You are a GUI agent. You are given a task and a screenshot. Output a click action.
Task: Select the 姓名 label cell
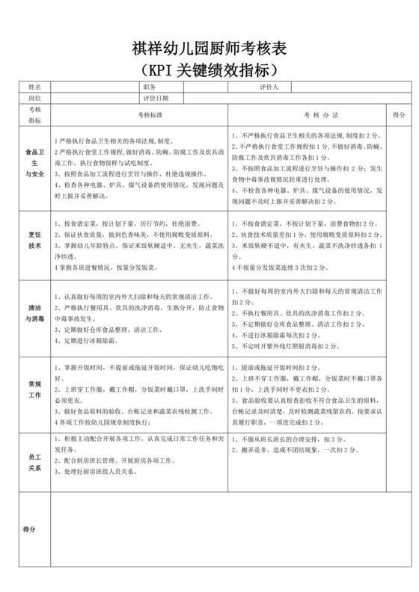click(35, 87)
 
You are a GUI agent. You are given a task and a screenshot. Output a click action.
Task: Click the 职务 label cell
click(149, 87)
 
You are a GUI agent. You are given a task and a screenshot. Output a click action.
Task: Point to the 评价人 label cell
click(264, 87)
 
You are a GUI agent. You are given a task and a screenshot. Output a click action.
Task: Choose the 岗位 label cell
click(35, 98)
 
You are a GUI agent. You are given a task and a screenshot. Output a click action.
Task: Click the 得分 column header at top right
click(398, 115)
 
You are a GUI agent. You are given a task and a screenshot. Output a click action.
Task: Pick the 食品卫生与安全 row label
click(35, 162)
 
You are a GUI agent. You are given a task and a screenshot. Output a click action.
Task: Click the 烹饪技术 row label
click(35, 240)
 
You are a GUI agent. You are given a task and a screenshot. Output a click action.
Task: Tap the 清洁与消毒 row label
click(35, 313)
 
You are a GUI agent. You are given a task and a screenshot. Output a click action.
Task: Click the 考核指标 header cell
click(35, 115)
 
